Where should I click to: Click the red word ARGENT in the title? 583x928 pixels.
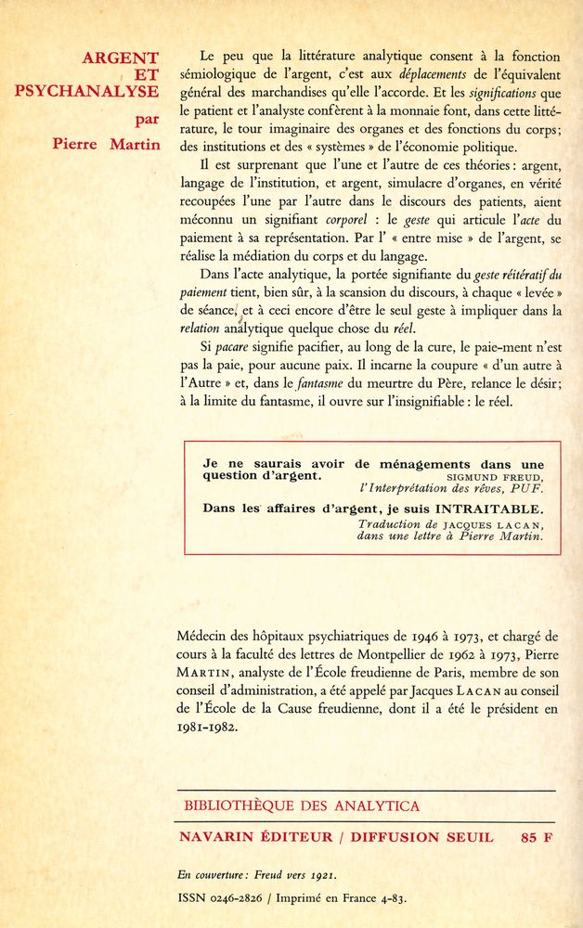coord(120,58)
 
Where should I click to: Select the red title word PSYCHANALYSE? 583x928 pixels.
coord(86,91)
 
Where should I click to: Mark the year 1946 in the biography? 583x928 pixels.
coord(396,637)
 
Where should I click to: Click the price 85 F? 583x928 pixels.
coord(537,837)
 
